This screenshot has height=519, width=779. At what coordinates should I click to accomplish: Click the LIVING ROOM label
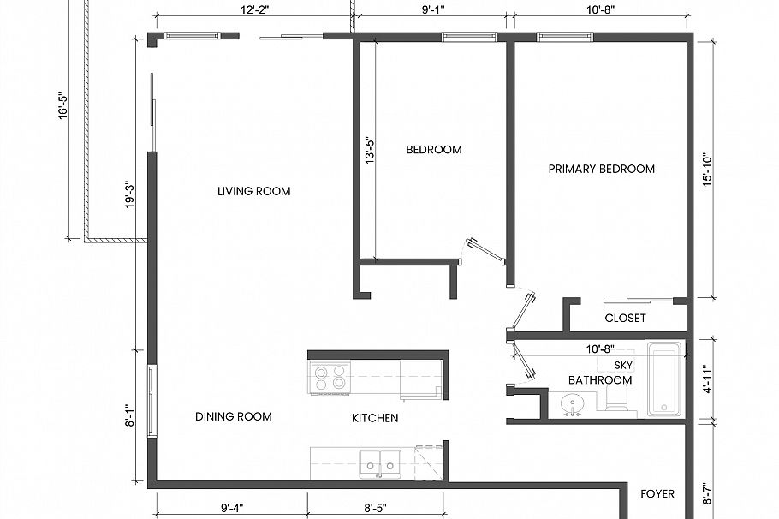click(253, 191)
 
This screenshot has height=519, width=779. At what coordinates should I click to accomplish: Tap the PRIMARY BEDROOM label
click(601, 169)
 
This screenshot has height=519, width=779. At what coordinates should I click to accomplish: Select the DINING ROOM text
click(233, 416)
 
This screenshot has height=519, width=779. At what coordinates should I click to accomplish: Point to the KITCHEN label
click(375, 418)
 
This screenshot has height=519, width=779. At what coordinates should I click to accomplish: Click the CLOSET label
click(625, 318)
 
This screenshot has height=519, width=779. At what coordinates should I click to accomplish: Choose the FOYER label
click(657, 493)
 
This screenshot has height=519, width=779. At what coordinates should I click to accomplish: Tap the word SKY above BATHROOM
click(599, 365)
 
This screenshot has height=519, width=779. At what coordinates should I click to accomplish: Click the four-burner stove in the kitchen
click(330, 377)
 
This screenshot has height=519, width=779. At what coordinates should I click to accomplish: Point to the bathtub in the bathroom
click(664, 379)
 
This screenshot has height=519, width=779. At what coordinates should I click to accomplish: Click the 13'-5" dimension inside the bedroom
click(369, 152)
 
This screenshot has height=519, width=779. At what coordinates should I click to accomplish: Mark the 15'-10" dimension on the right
click(707, 170)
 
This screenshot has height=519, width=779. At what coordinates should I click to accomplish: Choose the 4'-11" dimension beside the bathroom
click(707, 379)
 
